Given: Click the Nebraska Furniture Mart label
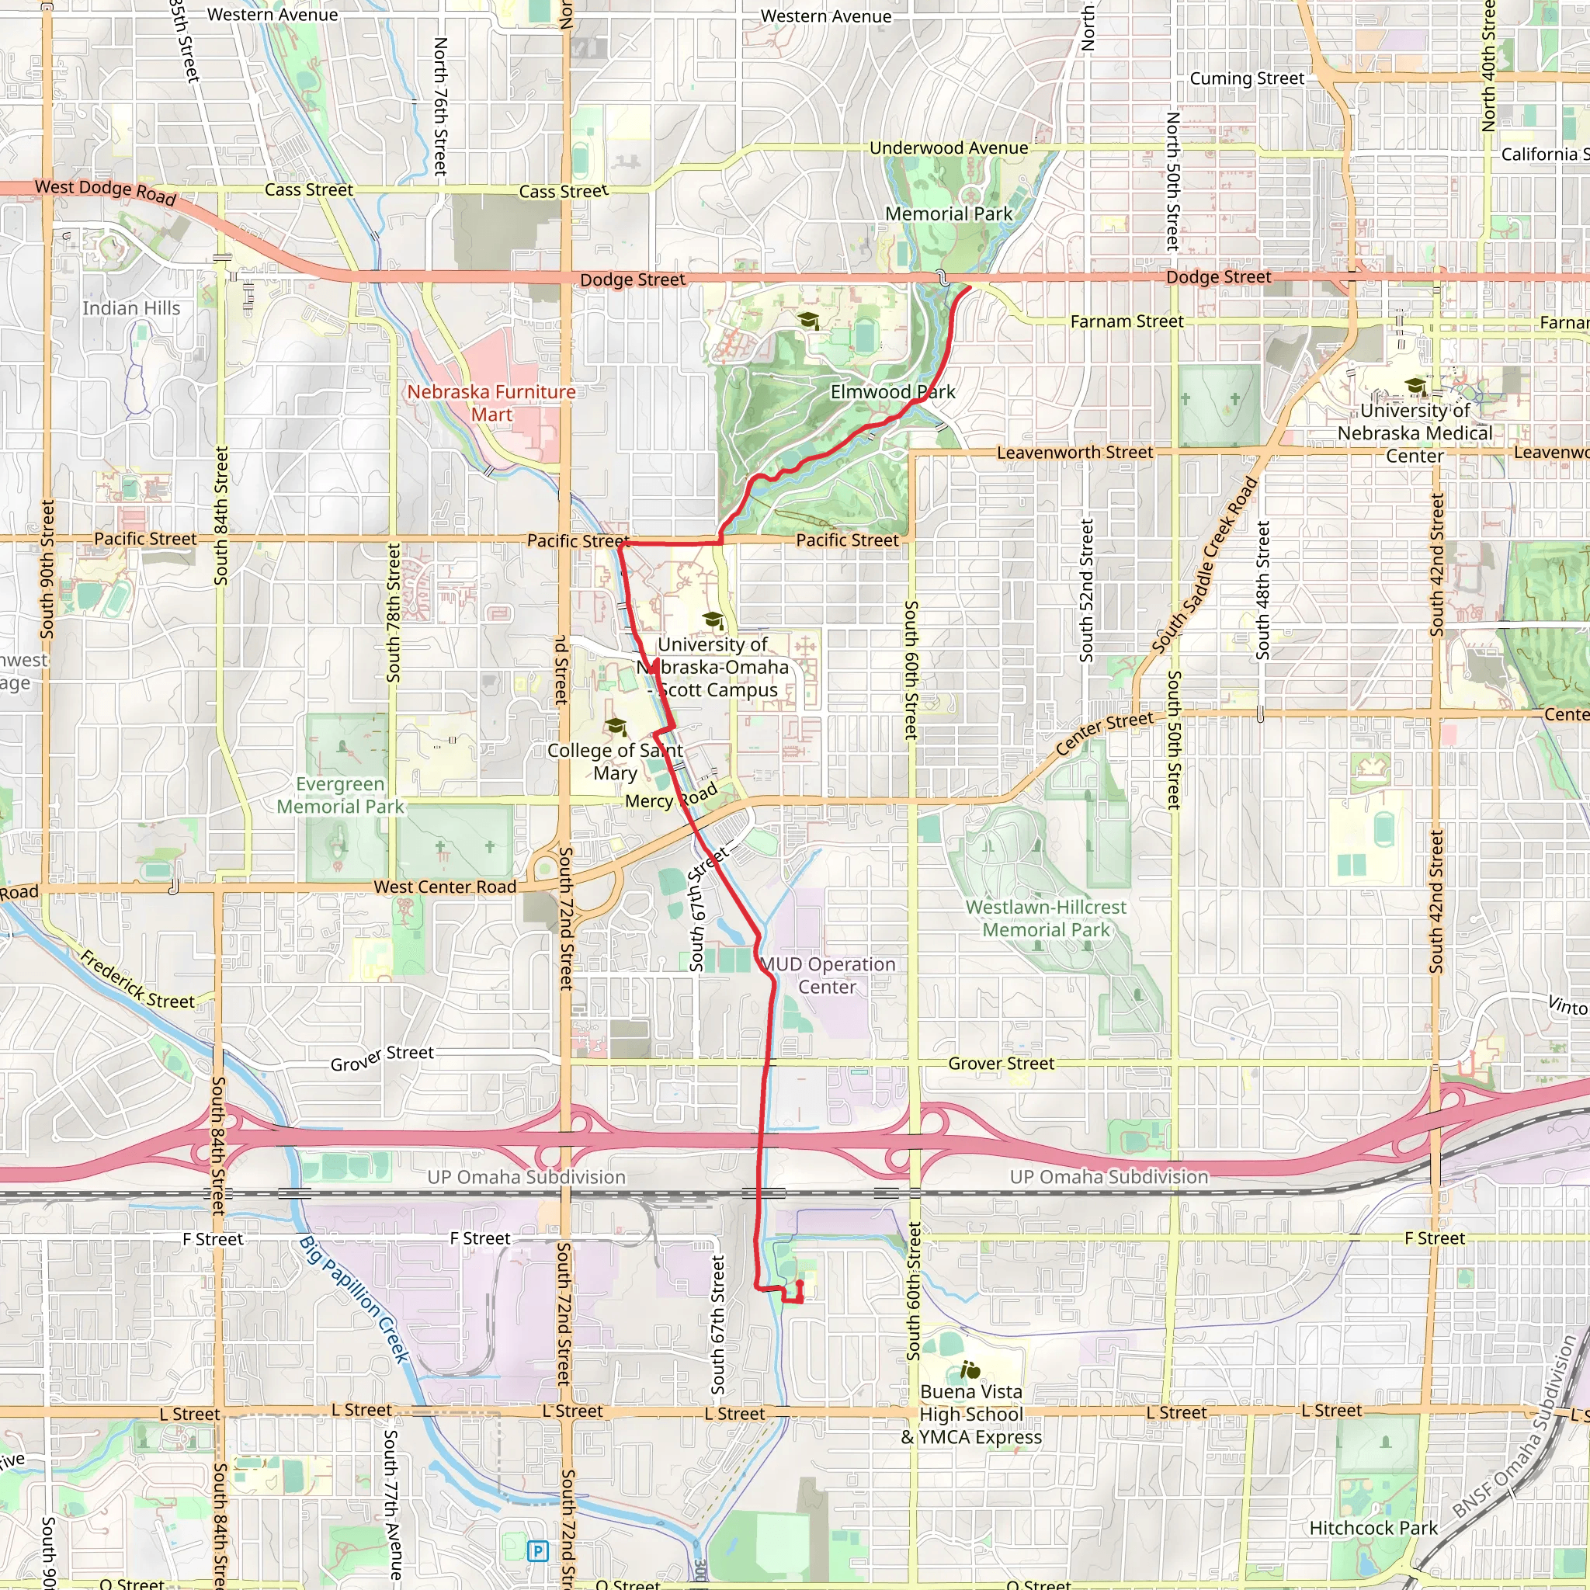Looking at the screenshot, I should (x=491, y=403).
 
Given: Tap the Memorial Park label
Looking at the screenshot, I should (x=948, y=214).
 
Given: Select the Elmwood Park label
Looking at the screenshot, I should (x=892, y=392).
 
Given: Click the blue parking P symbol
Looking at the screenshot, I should (x=537, y=1551).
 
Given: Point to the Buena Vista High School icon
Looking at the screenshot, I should (x=970, y=1370).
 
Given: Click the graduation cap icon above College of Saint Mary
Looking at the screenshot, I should (x=616, y=726).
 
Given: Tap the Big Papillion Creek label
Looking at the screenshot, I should (x=354, y=1300).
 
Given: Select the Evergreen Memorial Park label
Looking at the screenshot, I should (x=340, y=795).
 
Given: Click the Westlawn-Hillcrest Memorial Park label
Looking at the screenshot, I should (x=1045, y=918).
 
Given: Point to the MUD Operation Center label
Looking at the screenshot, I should (x=827, y=975).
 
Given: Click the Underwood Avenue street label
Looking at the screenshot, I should (x=948, y=148).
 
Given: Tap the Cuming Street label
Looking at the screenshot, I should (x=1246, y=78).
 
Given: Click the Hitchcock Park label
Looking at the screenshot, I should (x=1373, y=1528).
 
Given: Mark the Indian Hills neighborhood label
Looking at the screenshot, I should (x=131, y=307).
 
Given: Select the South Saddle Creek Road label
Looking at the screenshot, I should (x=1204, y=565).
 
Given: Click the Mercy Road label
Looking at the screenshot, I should (x=671, y=797).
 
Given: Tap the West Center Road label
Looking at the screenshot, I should (x=444, y=887).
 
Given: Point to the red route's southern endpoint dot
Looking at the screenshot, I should (x=799, y=1283).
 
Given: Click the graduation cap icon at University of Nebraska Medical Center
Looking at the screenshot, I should (x=1415, y=385).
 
